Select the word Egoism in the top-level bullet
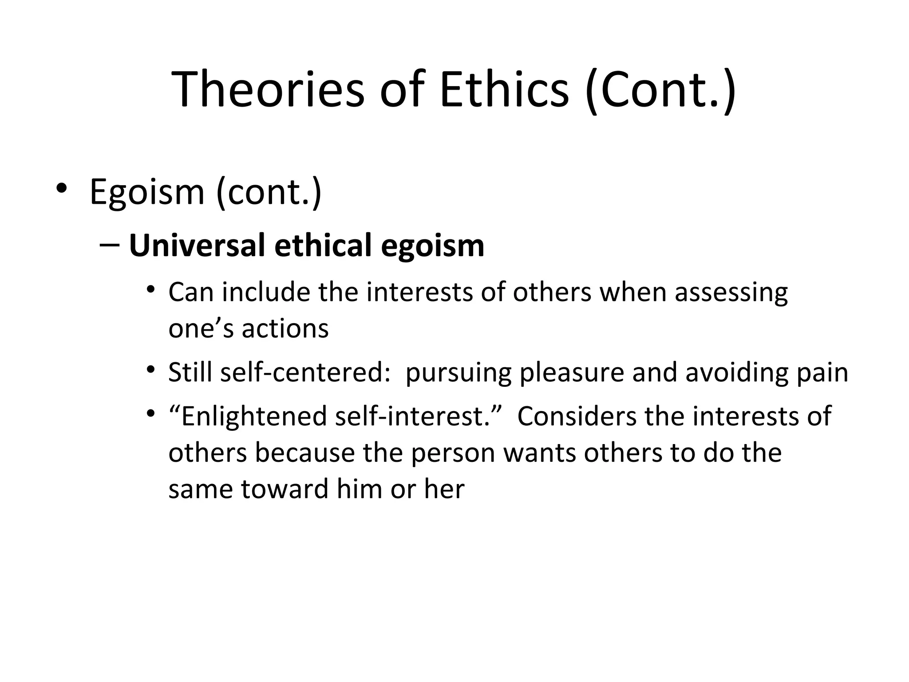[146, 192]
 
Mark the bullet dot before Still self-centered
[151, 369]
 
